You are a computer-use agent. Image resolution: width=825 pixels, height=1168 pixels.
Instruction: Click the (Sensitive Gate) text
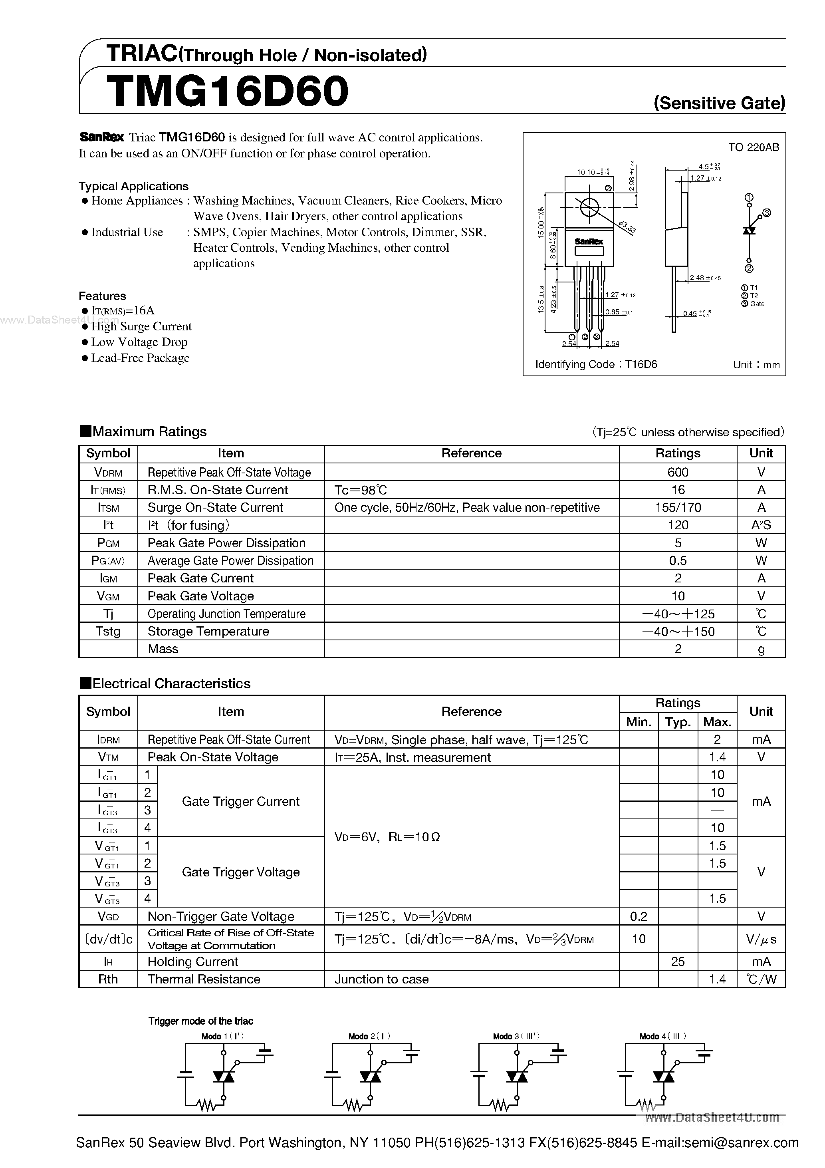[719, 103]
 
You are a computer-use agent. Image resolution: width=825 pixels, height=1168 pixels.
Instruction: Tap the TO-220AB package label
[753, 147]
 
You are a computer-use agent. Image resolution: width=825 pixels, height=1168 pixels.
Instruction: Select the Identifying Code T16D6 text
[596, 364]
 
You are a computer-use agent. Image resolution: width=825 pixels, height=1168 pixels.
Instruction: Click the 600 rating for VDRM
[678, 472]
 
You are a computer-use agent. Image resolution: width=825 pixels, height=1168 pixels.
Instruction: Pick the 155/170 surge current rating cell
[678, 507]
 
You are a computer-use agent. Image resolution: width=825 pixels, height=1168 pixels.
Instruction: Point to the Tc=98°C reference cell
[361, 490]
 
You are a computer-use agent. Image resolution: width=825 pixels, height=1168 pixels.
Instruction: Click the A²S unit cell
[761, 525]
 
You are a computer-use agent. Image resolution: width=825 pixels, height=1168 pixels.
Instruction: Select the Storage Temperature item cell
[208, 631]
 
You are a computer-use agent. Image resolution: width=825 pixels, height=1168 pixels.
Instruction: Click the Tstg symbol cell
[108, 631]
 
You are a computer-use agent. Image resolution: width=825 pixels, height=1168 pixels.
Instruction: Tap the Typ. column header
[678, 722]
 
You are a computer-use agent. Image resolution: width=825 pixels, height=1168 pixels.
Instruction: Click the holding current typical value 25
[678, 961]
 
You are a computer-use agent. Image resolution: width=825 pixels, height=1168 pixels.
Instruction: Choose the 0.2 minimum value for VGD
[639, 916]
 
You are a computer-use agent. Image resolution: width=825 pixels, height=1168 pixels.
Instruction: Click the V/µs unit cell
[761, 939]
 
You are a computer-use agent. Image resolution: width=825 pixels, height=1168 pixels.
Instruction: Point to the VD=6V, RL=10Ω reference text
[387, 837]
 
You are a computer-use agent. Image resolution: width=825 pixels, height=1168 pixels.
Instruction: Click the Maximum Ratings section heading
[149, 432]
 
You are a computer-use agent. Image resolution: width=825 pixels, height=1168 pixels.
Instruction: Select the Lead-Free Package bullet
[140, 358]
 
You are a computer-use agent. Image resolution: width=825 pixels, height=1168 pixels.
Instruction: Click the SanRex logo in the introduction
[102, 137]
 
